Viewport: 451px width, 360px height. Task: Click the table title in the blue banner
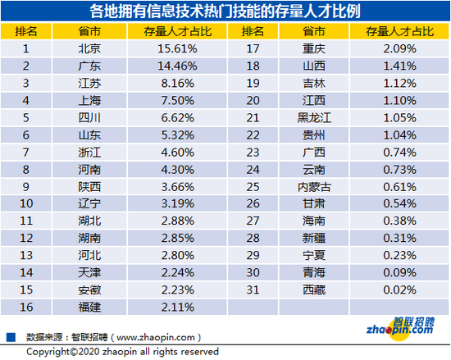pos(225,11)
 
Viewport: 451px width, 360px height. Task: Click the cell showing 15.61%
pos(177,48)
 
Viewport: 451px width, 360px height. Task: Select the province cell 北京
pos(89,48)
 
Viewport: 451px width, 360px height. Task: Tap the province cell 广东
pos(89,66)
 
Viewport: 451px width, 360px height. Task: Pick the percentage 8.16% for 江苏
pos(177,83)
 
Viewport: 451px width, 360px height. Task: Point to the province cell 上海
pos(89,100)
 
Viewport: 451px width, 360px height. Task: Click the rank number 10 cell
pos(26,203)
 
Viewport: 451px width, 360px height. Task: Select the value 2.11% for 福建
pos(177,307)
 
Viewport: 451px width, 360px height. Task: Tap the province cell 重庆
pos(314,48)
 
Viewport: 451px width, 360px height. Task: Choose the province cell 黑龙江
pos(314,117)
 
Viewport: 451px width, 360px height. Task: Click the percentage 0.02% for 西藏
pos(399,289)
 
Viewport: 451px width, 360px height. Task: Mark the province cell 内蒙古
pos(314,187)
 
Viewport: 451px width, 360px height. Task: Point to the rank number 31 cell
pos(253,289)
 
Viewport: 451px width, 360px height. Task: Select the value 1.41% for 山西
pos(399,66)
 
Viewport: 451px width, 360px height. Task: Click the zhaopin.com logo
pos(400,329)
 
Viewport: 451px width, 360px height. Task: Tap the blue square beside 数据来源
pos(11,337)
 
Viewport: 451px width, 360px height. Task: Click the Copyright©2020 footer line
pos(122,352)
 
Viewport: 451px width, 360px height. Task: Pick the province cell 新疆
pos(314,238)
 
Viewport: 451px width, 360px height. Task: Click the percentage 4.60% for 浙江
pos(177,153)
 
